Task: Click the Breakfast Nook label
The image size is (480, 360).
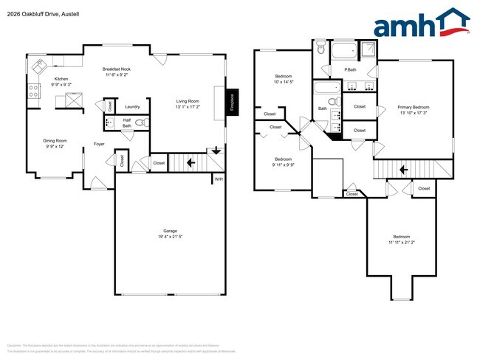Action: coord(117,69)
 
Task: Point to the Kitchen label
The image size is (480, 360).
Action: coord(61,80)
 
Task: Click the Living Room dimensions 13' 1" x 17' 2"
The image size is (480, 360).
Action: coord(188,106)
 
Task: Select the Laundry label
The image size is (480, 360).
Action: coord(132,107)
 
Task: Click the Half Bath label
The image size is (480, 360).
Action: coord(127,122)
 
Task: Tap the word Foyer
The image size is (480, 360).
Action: coord(99,144)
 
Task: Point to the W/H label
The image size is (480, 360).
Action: coord(218,179)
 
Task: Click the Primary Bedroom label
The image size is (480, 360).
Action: coord(413,107)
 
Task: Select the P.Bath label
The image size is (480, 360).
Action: coord(351,70)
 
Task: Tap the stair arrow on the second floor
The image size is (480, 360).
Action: coord(403,170)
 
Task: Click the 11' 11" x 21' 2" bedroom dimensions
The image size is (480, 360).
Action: coord(402,242)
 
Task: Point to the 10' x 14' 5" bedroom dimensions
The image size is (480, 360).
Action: coord(284,82)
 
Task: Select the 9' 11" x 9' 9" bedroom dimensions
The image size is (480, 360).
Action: coord(284,165)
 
